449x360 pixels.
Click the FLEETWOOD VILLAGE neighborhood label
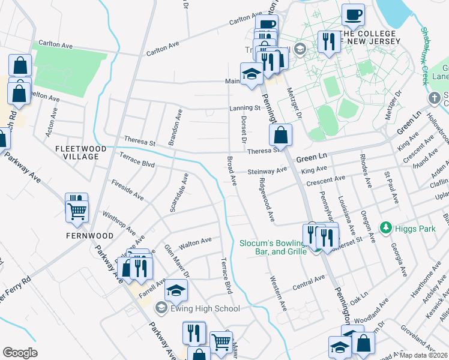(81, 152)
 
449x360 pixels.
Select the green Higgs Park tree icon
(386, 228)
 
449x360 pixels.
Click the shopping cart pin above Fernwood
(77, 211)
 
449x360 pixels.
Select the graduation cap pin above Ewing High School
(176, 290)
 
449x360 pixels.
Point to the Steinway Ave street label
(268, 172)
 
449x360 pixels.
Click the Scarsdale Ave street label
(179, 192)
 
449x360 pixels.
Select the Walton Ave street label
(196, 241)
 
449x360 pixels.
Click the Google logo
(20, 353)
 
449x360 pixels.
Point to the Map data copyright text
(423, 355)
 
